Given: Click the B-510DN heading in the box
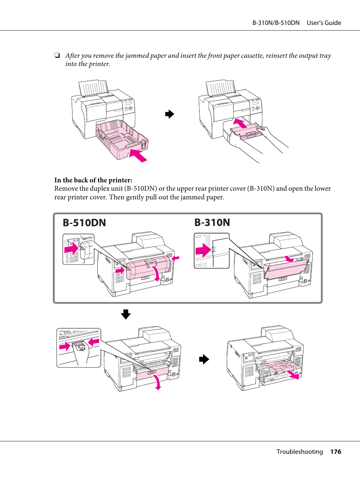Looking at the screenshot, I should (84, 223).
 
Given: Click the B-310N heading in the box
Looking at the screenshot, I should (212, 222).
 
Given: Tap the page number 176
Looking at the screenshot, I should (335, 452).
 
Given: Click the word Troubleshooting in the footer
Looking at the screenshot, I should (300, 452).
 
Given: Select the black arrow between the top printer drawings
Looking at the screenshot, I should (170, 114).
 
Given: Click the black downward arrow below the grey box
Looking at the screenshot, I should (126, 314).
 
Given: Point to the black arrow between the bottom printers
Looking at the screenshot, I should (204, 359).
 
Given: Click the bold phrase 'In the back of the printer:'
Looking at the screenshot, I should (93, 180).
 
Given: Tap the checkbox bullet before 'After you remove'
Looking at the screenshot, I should (57, 55).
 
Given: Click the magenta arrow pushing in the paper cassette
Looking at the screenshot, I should (138, 155).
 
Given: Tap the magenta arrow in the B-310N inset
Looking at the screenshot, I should (203, 250).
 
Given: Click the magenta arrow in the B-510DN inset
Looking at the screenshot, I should (71, 249).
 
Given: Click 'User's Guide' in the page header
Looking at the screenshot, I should (324, 23).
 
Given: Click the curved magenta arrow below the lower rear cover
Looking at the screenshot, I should (158, 382).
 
